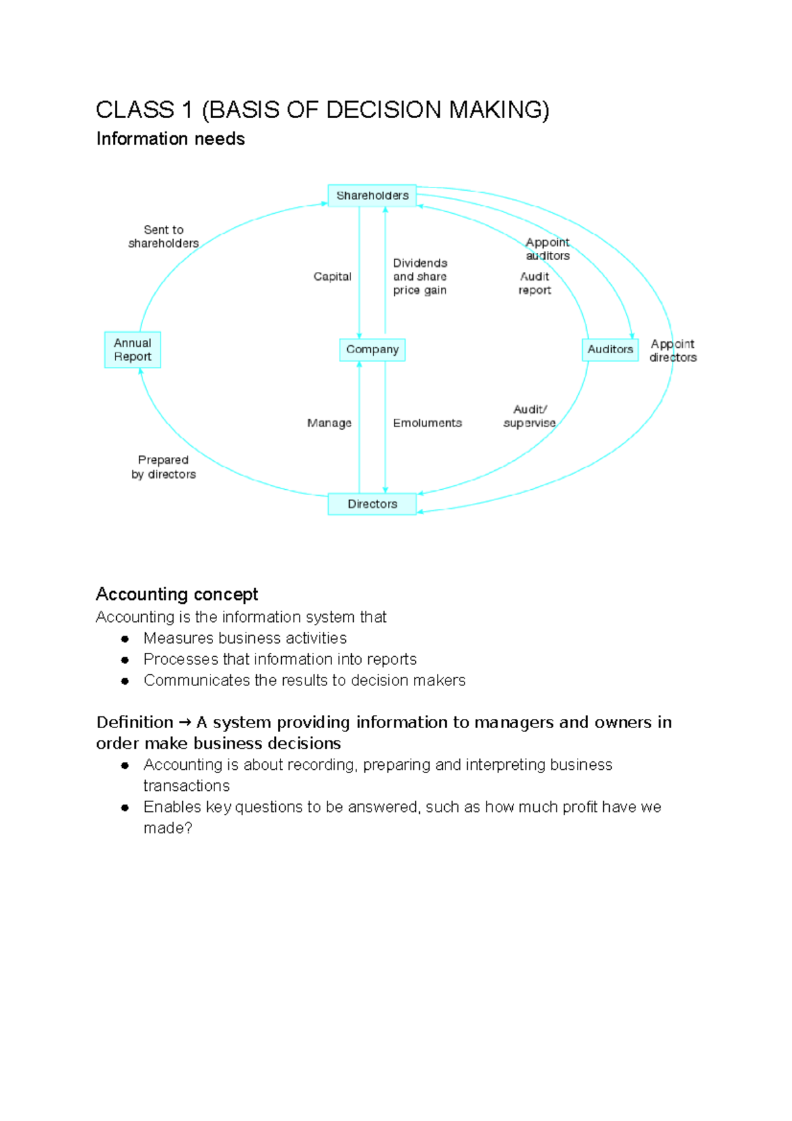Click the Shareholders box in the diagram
372,195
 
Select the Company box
372,349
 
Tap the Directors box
372,504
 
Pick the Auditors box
610,349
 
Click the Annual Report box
133,350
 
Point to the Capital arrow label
332,277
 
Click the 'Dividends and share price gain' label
420,277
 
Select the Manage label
329,423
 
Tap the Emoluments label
427,423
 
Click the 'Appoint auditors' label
547,249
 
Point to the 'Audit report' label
535,283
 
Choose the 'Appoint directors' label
673,351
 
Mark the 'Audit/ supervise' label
529,416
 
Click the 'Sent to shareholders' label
164,236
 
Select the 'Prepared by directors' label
164,467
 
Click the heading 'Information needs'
170,139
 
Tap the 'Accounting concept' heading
177,594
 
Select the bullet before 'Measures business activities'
125,638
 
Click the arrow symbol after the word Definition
185,723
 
